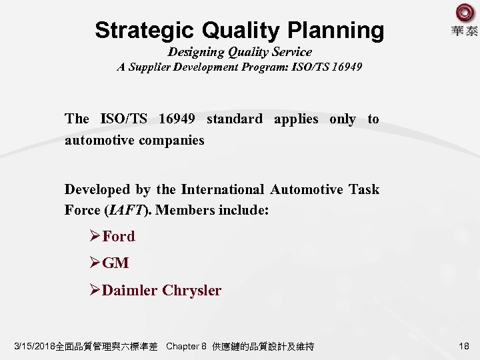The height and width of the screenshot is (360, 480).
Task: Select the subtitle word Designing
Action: pos(198,51)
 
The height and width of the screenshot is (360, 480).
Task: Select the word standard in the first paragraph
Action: pos(234,119)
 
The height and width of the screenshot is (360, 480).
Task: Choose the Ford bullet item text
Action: pos(119,236)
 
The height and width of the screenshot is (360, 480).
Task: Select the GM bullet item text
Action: pos(116,263)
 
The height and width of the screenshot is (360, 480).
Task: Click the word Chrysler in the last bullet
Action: pos(192,291)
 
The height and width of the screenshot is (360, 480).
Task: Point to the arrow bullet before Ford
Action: pos(95,236)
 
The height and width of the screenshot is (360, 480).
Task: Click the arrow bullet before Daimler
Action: pos(95,291)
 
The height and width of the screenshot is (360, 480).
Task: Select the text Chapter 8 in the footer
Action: pos(186,347)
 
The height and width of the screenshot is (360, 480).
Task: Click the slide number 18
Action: pos(465,346)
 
